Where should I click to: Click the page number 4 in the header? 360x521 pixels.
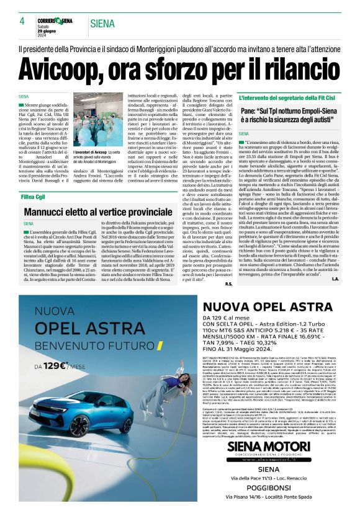click(x=22, y=22)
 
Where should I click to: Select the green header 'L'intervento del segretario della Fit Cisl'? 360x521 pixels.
click(x=288, y=97)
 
